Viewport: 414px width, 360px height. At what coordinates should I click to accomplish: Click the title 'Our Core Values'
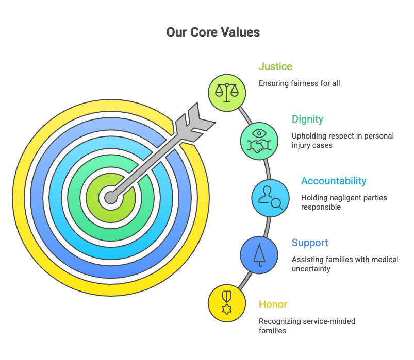click(213, 32)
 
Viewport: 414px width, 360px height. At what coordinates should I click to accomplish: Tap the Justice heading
click(275, 66)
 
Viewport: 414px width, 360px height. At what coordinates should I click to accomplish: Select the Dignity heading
click(307, 119)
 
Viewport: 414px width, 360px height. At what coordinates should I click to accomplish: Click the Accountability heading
click(334, 181)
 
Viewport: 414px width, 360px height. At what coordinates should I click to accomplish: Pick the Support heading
click(310, 243)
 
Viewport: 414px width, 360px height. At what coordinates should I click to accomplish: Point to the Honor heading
click(273, 304)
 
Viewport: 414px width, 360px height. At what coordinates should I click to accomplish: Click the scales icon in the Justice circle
click(227, 93)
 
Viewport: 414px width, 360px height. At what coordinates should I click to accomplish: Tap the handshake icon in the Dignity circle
click(259, 146)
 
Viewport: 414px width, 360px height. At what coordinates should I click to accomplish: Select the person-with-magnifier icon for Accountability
click(270, 198)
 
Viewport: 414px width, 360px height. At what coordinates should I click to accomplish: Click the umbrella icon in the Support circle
click(259, 255)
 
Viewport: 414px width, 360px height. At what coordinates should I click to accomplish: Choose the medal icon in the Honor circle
click(227, 303)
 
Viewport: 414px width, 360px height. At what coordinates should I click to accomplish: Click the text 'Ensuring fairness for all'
click(299, 83)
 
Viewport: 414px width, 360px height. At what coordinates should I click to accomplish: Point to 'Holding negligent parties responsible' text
click(344, 202)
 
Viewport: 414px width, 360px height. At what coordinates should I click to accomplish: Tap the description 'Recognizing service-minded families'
click(307, 325)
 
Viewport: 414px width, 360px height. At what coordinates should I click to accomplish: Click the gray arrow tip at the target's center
click(110, 198)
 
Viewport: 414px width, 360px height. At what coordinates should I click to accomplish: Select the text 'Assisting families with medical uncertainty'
click(345, 264)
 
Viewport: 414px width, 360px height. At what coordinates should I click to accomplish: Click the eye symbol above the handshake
click(259, 133)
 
